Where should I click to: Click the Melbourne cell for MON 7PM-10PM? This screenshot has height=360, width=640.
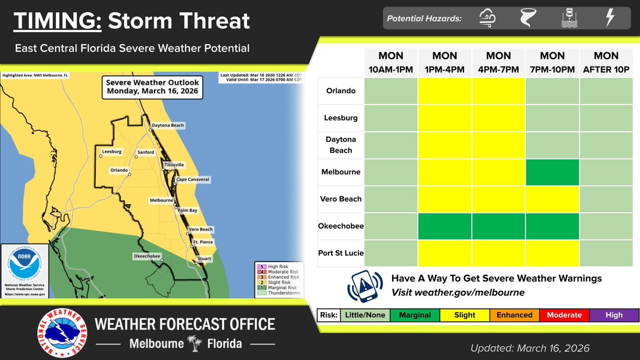coord(553,172)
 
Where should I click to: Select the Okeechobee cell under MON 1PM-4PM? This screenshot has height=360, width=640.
coord(445,226)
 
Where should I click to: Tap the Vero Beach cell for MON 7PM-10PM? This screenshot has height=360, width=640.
coord(553,199)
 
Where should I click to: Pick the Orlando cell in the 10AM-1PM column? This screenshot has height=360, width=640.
coord(391,91)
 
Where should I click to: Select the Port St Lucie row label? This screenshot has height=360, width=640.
coord(341,253)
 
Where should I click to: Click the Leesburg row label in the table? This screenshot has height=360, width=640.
coord(341,118)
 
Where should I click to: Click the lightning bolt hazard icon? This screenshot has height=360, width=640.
coord(609,19)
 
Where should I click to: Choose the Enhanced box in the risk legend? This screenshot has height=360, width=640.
coord(514,315)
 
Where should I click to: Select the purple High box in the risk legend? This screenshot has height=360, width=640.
coord(614,315)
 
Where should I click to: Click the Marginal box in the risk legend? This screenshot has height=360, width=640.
coord(415,315)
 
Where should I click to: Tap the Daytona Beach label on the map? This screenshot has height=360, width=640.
coord(168,125)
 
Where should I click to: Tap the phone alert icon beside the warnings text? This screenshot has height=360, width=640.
coord(365,286)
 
